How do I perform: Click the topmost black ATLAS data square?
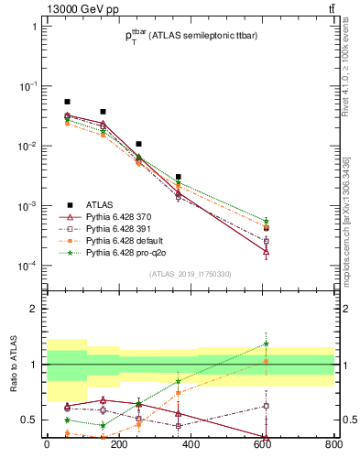(67, 102)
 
